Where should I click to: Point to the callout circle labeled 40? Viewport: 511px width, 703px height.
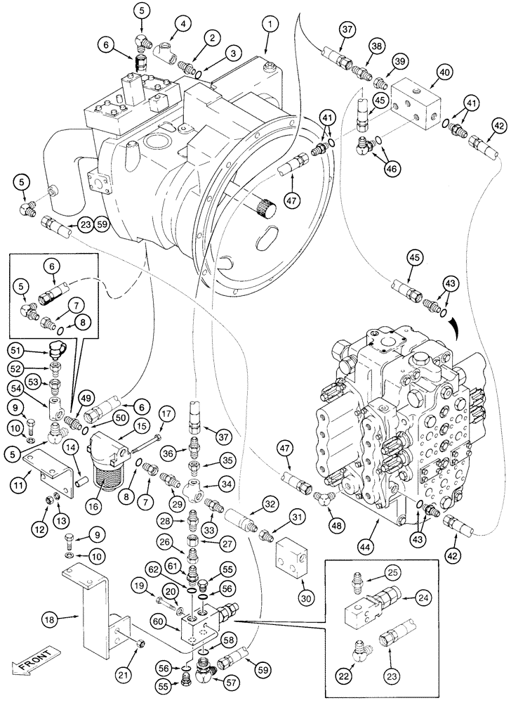click(x=445, y=72)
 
